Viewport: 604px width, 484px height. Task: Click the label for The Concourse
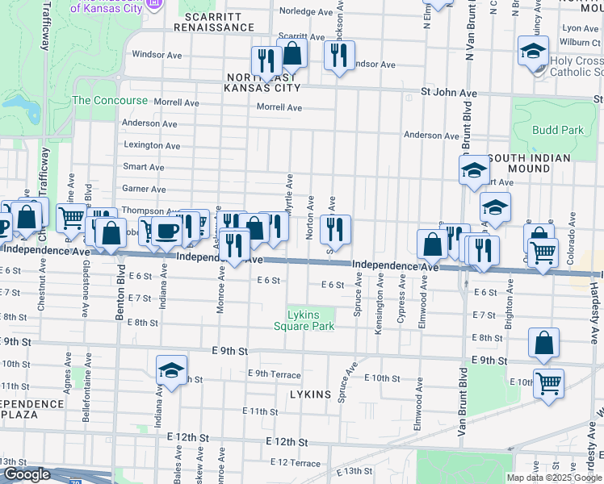[110, 101]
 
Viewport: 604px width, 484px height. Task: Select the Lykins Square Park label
[304, 320]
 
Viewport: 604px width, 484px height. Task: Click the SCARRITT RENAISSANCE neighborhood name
[219, 21]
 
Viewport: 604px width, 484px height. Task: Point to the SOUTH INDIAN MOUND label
[529, 164]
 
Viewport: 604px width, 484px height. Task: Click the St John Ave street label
[449, 94]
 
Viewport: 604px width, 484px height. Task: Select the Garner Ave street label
[143, 189]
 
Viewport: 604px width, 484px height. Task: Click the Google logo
[27, 474]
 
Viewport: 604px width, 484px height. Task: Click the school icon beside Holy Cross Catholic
[533, 53]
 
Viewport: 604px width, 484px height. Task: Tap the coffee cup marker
[167, 231]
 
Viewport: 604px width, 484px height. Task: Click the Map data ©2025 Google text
[553, 478]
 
